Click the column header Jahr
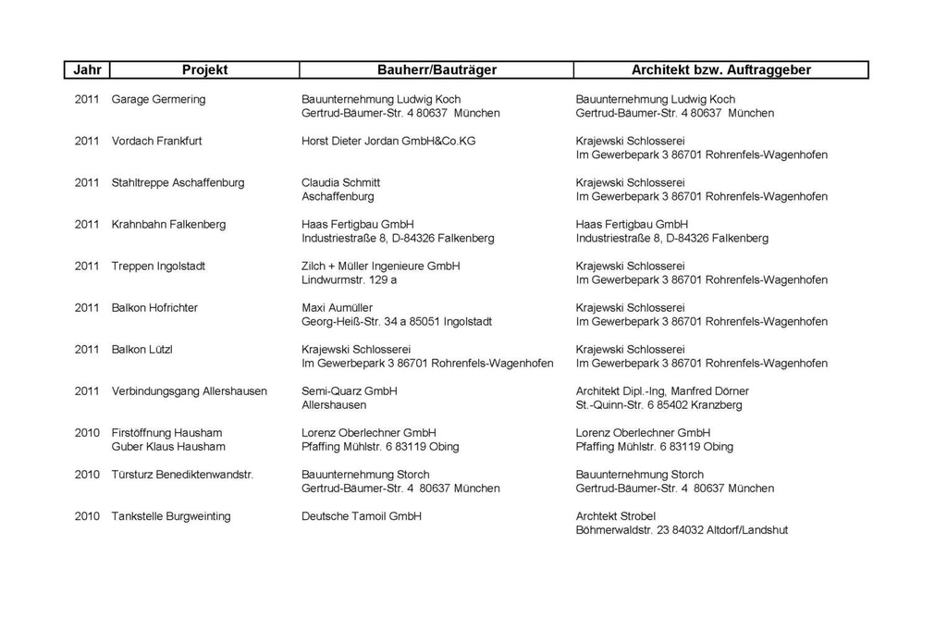[87, 70]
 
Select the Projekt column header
[204, 70]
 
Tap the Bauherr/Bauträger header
[437, 70]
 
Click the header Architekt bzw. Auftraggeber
[720, 70]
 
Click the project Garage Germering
[158, 99]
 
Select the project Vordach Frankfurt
[156, 141]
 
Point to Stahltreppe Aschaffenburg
[178, 182]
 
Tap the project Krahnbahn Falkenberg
[168, 224]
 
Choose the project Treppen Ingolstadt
[157, 266]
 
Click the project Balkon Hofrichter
[154, 307]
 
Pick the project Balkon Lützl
[141, 350]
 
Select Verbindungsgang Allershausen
[189, 391]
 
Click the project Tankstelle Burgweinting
[171, 516]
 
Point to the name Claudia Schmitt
[340, 182]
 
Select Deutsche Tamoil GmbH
[361, 516]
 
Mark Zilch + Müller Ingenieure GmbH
[380, 266]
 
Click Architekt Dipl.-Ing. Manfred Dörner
[662, 391]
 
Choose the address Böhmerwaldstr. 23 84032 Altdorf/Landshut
[682, 530]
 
